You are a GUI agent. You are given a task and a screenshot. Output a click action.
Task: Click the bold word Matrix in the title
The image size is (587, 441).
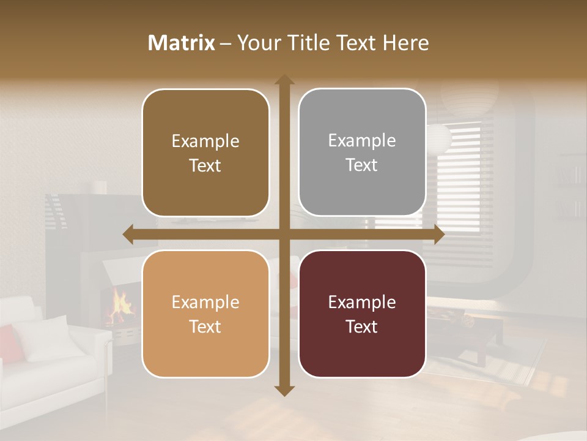point(182,42)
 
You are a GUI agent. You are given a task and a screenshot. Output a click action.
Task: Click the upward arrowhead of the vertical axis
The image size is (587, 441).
point(284,80)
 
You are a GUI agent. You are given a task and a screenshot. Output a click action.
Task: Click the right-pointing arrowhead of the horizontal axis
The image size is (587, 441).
point(438,234)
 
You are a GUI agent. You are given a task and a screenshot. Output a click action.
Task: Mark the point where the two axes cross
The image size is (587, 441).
point(284,234)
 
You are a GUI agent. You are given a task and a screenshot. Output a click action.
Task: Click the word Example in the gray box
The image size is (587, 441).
point(362,141)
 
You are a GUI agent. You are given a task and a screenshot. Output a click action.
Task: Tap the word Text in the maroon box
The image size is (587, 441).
point(362,326)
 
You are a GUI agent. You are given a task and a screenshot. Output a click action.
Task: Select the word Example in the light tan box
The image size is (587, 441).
point(205,302)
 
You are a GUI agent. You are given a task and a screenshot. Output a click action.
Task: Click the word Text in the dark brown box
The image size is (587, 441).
point(205,165)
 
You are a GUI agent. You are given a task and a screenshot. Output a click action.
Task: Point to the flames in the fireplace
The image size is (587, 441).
point(120,306)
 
